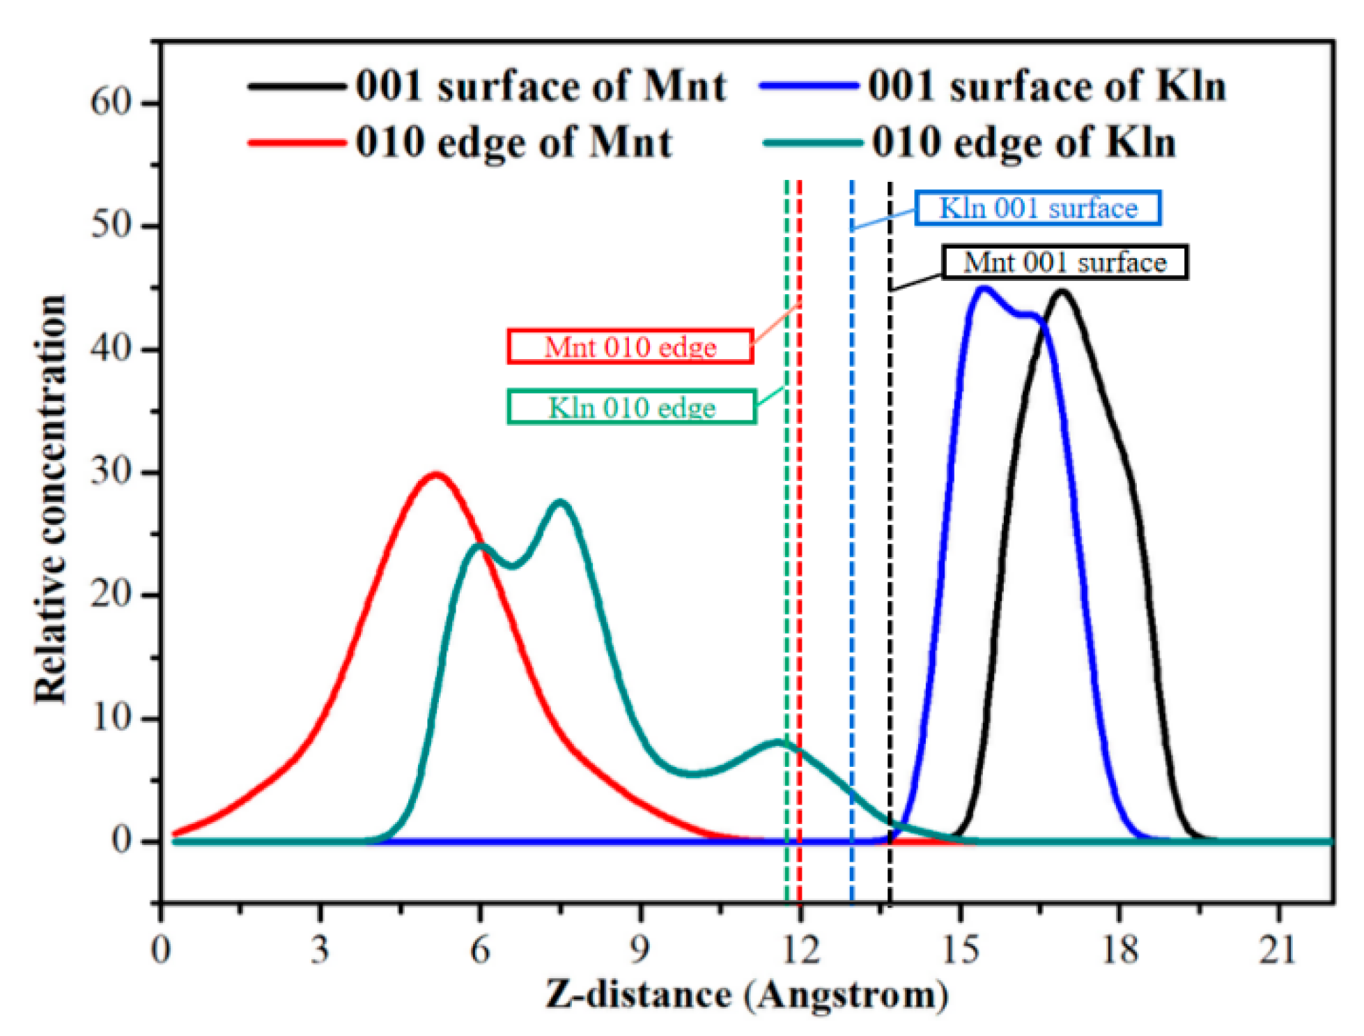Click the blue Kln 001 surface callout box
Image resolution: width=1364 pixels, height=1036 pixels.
click(1038, 208)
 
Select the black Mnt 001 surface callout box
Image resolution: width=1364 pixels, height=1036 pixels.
click(1064, 262)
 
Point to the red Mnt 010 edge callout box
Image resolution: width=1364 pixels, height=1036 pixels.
click(630, 346)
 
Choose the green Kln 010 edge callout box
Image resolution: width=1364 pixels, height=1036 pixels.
click(631, 407)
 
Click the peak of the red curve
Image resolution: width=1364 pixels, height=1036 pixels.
click(436, 475)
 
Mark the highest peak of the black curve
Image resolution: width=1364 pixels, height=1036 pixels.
click(1062, 292)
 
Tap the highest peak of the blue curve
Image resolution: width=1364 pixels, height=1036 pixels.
click(984, 289)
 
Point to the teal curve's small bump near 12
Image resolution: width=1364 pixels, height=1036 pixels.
click(777, 742)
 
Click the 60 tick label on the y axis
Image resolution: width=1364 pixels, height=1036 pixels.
click(111, 102)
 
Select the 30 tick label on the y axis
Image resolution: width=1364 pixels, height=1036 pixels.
click(111, 472)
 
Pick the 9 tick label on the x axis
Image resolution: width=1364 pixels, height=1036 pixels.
click(640, 950)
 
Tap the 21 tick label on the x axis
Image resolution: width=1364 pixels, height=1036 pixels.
click(1278, 950)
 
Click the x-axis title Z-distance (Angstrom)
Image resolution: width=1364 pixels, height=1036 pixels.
click(747, 995)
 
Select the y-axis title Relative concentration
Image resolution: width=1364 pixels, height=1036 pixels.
click(50, 498)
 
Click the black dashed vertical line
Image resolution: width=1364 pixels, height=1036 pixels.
click(890, 558)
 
